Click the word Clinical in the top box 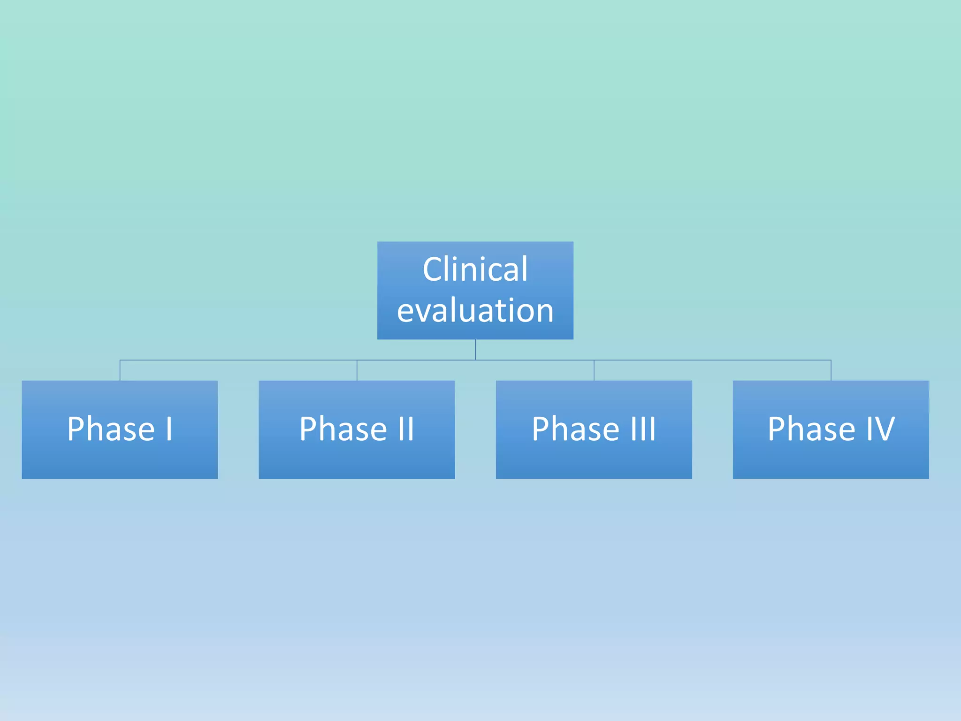click(x=475, y=269)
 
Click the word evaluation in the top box click(x=475, y=311)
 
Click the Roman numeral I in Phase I click(x=169, y=429)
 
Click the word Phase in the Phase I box click(x=111, y=429)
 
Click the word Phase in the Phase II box click(x=343, y=429)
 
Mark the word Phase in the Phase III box click(x=575, y=429)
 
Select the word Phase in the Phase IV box click(x=811, y=429)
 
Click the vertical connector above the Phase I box click(x=120, y=371)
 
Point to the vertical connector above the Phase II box click(x=357, y=371)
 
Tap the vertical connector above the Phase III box click(x=594, y=371)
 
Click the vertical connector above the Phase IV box click(x=831, y=371)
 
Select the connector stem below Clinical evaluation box click(x=475, y=349)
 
